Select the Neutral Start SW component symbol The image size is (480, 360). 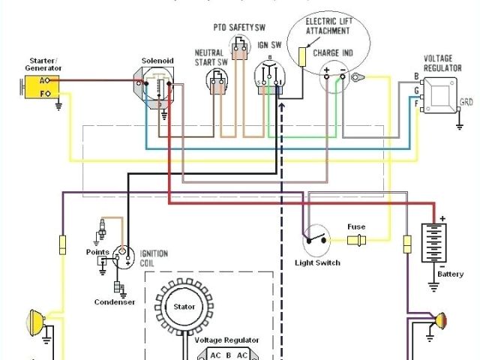point(218,81)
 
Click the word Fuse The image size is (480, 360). point(355,226)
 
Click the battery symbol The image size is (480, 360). point(434,241)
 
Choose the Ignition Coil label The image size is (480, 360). point(154,258)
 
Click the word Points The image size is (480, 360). point(97,252)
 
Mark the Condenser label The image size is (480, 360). point(114,302)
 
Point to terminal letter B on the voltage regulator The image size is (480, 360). point(415,76)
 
